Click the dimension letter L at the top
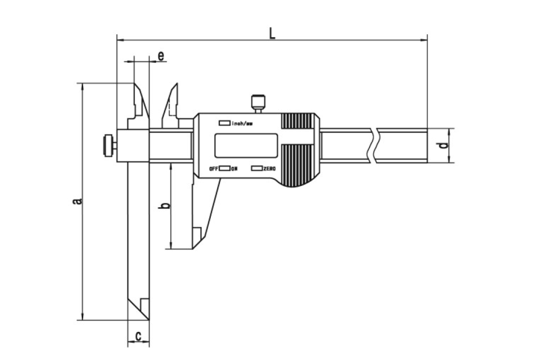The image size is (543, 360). [273, 33]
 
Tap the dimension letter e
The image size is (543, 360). [161, 56]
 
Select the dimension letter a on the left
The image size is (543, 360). [77, 201]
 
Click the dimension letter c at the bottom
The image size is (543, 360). [138, 336]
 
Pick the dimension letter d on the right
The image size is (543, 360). [443, 145]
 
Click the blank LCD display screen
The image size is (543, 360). [246, 145]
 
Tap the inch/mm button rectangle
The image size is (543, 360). [224, 123]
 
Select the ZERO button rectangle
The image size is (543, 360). [257, 168]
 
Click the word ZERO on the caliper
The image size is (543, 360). [270, 169]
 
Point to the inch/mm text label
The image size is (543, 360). [242, 123]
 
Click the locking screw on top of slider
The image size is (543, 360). [258, 103]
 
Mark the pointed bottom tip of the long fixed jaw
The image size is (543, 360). [149, 320]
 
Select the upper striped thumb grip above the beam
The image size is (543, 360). [296, 121]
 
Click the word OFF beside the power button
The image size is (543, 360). [214, 169]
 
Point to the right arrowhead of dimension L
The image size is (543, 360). [424, 40]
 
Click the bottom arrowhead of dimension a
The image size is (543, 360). [82, 316]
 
